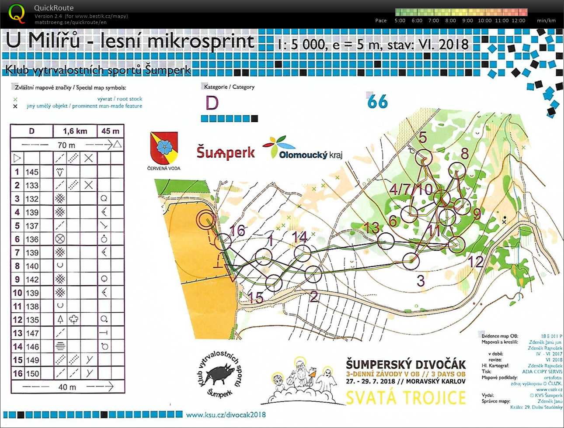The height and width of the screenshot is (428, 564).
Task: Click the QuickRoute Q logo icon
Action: (17, 13)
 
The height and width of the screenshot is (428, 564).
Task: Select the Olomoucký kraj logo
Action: (303, 148)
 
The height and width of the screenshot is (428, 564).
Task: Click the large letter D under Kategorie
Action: (212, 103)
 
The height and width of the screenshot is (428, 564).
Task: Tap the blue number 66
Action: (377, 102)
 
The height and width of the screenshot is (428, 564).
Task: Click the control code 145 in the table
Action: (32, 172)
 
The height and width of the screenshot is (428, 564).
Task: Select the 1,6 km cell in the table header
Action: (75, 131)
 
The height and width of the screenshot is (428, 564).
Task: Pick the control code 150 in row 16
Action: (32, 373)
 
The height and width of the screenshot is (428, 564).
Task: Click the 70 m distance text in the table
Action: (66, 145)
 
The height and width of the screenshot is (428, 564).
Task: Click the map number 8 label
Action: (464, 153)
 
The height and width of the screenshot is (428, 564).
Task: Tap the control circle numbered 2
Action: (313, 274)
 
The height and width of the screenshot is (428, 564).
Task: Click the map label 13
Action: (372, 228)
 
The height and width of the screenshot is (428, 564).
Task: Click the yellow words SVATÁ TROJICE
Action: (406, 398)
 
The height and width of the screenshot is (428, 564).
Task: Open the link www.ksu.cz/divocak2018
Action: (226, 414)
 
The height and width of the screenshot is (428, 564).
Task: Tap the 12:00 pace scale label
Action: (519, 21)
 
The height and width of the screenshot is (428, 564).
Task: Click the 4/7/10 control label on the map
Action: (411, 190)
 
